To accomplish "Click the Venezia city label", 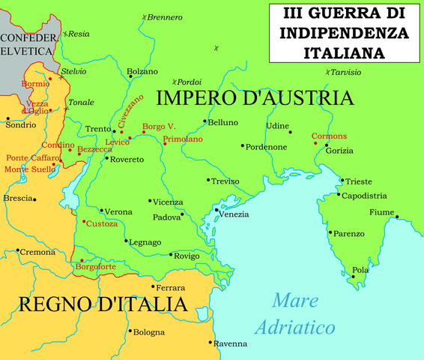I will click(x=234, y=214).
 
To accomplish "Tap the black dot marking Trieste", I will click(x=342, y=180).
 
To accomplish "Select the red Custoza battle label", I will click(x=102, y=223).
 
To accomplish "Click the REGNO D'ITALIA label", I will click(x=101, y=304).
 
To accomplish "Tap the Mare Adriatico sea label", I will click(x=294, y=314).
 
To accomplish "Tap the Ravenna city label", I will click(x=231, y=343).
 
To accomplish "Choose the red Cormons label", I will click(x=330, y=136).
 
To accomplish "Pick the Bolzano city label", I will click(x=143, y=70).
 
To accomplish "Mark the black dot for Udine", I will click(x=290, y=130).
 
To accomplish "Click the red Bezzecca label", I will click(x=95, y=149).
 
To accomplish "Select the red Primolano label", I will click(x=183, y=139).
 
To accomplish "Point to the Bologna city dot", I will click(x=130, y=331).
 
